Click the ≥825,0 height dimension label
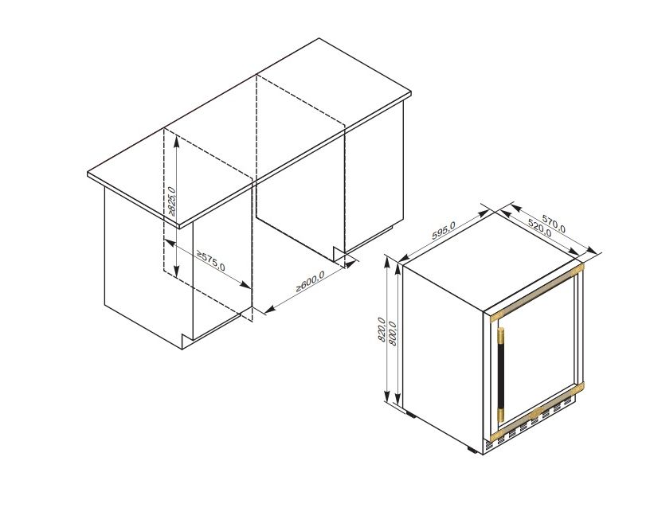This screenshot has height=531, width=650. [171, 201]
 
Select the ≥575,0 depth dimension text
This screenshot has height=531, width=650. [210, 261]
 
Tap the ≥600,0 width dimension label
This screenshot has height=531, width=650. [310, 281]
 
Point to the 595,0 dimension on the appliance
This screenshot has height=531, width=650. [444, 230]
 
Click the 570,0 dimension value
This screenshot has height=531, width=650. [554, 224]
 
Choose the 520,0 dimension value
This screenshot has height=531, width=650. [540, 228]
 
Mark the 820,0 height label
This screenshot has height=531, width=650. [382, 330]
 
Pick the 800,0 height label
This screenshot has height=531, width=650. [393, 334]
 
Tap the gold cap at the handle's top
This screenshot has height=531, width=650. [501, 337]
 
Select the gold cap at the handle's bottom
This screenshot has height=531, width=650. [501, 415]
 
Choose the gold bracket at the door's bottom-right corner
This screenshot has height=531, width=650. [578, 388]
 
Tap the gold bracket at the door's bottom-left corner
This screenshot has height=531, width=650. [496, 436]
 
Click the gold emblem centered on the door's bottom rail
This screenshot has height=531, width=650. [536, 412]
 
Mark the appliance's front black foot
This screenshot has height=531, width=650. [473, 449]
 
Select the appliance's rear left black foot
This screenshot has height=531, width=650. [411, 414]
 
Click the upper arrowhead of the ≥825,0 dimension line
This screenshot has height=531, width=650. [176, 142]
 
